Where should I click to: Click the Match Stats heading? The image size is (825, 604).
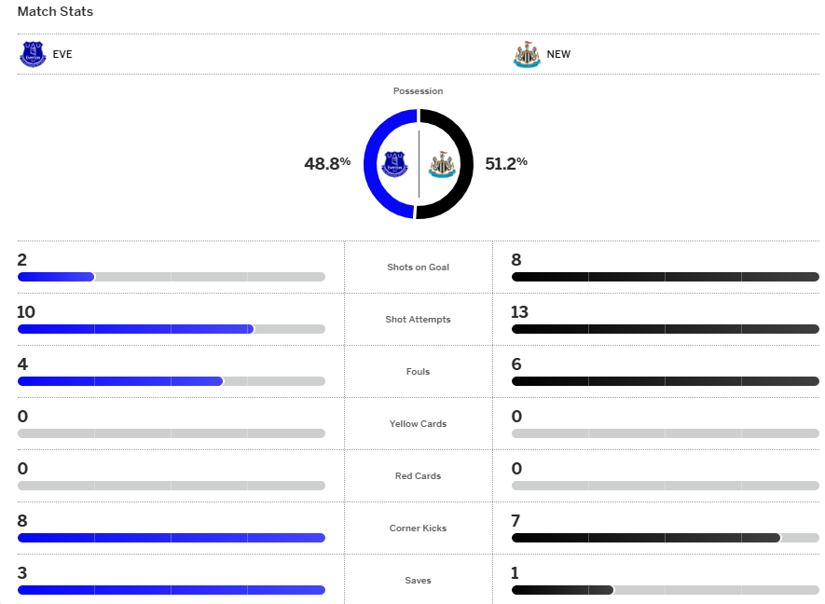point(55,12)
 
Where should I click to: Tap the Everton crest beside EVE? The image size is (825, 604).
point(33,54)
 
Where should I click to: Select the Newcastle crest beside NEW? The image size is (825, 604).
point(527,54)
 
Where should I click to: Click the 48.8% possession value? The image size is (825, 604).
point(327,163)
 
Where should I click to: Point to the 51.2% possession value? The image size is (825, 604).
point(506,163)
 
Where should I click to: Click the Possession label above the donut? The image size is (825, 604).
point(418,91)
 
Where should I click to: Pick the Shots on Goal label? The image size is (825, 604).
point(418,268)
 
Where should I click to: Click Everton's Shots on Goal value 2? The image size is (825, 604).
point(22,260)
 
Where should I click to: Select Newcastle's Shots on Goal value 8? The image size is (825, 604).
point(516,260)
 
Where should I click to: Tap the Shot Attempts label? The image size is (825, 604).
point(418,320)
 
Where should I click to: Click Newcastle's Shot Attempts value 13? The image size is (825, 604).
point(520,312)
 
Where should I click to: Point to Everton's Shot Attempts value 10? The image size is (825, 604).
point(26,312)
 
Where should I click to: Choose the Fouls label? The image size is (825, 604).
point(418,372)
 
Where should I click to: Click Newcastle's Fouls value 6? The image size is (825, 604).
point(516,364)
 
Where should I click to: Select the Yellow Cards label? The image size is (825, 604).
point(418,424)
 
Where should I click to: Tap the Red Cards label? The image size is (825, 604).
point(418,476)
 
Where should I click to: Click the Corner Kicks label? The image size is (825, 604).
point(418,528)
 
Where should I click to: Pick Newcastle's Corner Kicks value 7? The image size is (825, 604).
point(516,521)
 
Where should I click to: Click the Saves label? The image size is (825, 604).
point(418,581)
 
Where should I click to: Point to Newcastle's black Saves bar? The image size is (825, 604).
point(562,590)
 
